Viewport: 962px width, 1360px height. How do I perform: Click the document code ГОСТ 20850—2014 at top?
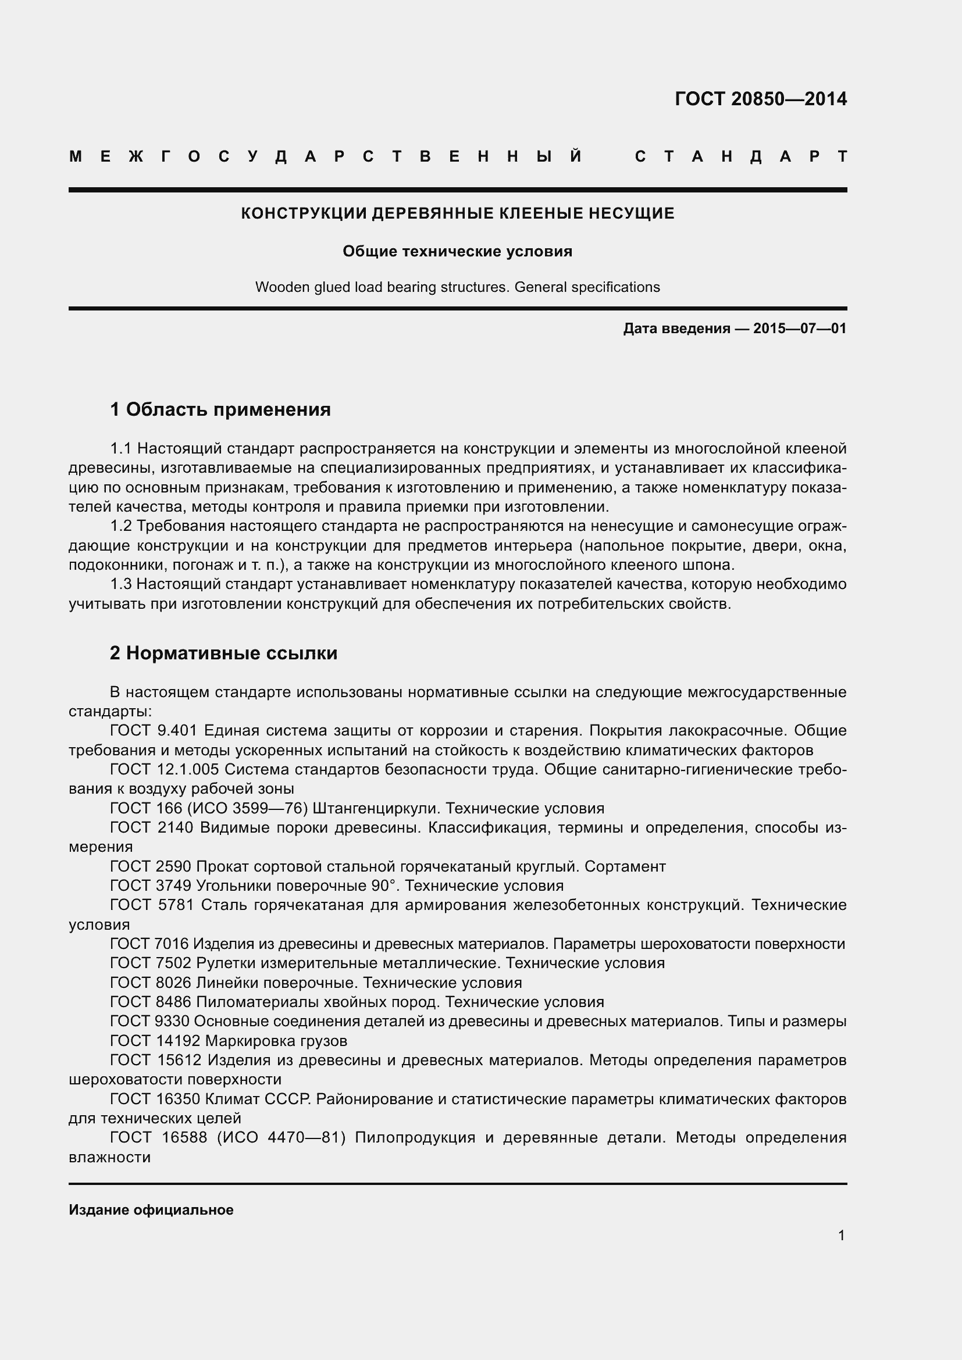(x=761, y=99)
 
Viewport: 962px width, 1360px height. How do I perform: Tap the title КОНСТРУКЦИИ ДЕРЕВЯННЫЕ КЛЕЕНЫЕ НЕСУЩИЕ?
(x=457, y=213)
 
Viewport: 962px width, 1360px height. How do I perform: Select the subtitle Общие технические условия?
(x=457, y=252)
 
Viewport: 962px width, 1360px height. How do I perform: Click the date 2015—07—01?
(x=800, y=328)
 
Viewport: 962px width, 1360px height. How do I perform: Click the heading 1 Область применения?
(x=220, y=409)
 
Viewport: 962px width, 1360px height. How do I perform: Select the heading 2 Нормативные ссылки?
(x=223, y=654)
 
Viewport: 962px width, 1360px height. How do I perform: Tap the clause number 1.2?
(x=122, y=526)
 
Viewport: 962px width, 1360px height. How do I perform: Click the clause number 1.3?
(x=122, y=584)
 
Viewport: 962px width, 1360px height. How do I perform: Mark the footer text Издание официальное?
(x=151, y=1210)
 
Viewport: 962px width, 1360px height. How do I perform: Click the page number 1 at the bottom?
(x=841, y=1236)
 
